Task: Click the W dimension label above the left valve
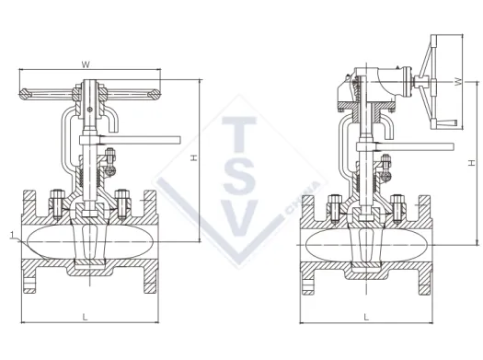[86, 64]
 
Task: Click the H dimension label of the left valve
[194, 158]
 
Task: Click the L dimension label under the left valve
[86, 317]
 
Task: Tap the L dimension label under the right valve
[366, 317]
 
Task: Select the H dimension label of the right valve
[471, 163]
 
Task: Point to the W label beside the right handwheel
[459, 82]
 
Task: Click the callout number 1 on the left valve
[12, 236]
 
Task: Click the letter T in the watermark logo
[239, 134]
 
